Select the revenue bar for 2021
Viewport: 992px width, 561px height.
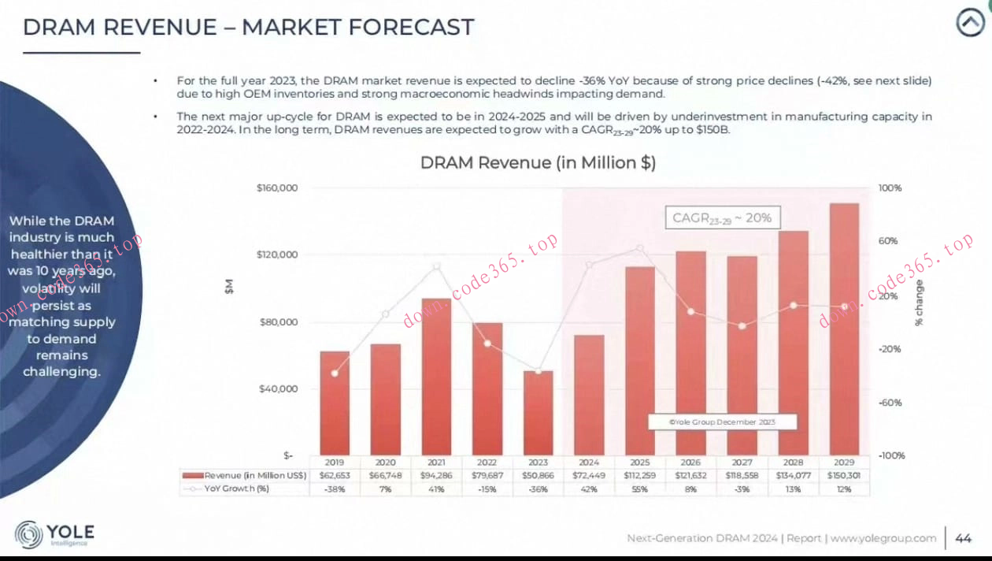point(436,377)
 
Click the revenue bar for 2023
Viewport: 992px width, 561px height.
point(538,413)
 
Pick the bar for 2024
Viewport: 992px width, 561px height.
point(588,395)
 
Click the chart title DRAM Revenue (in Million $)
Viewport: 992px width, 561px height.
point(538,163)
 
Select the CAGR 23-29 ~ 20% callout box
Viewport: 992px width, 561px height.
point(721,217)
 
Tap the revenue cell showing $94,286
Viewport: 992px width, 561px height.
point(436,476)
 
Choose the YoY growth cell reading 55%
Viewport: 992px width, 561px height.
point(639,489)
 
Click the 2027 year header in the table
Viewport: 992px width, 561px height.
point(742,463)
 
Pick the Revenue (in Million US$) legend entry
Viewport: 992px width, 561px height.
point(244,476)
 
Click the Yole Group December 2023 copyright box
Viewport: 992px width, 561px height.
point(722,422)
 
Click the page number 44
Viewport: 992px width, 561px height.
point(963,538)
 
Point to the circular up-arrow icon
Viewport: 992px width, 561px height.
point(970,24)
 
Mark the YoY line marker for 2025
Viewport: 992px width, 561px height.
point(639,248)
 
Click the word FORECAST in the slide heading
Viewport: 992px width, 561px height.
point(412,28)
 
